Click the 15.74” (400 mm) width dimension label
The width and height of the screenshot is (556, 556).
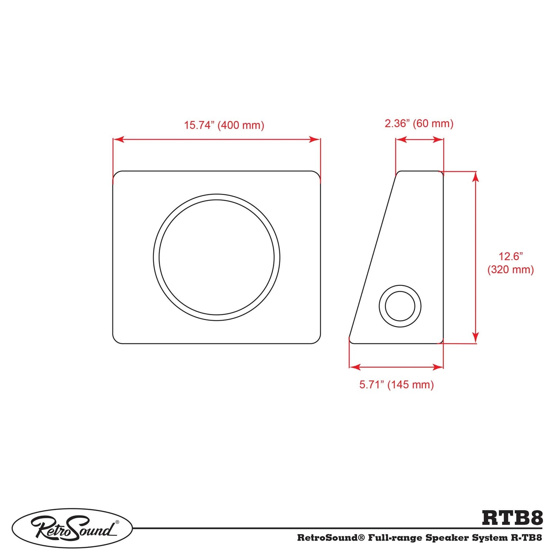224,125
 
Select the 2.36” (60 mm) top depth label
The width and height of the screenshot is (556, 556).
419,124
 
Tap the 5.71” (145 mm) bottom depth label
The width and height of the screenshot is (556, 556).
396,384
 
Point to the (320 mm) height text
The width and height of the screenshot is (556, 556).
511,269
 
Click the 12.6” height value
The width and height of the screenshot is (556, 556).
511,256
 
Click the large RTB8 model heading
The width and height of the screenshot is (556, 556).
512,518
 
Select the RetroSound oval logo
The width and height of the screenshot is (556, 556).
72,528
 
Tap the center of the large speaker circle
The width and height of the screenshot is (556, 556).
217,257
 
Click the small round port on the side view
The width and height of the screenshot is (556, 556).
400,306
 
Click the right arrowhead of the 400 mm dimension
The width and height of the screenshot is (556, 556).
315,139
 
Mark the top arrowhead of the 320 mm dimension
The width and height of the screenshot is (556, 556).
476,176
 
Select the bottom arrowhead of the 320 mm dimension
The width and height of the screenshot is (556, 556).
476,338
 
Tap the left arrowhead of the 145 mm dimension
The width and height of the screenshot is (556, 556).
354,367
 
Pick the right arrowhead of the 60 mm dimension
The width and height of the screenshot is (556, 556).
439,139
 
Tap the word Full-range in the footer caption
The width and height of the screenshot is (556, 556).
395,538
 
